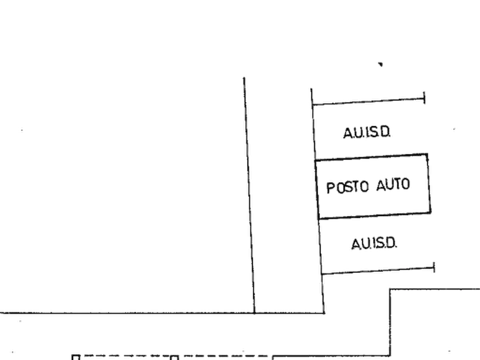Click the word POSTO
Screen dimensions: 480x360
tap(347, 188)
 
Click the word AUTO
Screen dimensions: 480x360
tap(393, 185)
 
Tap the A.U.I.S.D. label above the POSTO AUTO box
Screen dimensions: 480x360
tap(367, 133)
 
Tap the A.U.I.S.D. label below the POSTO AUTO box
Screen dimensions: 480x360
tap(374, 244)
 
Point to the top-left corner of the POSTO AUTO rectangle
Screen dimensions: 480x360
tap(316, 161)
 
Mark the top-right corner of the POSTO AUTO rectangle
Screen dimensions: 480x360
tap(427, 155)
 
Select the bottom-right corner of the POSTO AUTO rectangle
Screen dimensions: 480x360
tap(431, 212)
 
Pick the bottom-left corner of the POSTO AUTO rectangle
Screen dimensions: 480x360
tap(319, 219)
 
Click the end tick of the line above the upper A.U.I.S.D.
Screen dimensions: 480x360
tap(424, 98)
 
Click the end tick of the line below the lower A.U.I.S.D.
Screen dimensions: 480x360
tap(434, 268)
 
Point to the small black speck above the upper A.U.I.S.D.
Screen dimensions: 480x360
tap(381, 64)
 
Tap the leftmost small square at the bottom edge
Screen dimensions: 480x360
tap(76, 357)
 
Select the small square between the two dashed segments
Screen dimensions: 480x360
tap(174, 357)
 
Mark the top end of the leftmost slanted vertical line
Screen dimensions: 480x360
tap(244, 77)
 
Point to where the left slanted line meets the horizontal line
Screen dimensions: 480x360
tap(254, 313)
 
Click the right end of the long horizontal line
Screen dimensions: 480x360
tap(324, 313)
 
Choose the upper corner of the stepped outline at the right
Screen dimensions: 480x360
tap(390, 289)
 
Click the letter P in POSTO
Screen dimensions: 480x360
tap(330, 188)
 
